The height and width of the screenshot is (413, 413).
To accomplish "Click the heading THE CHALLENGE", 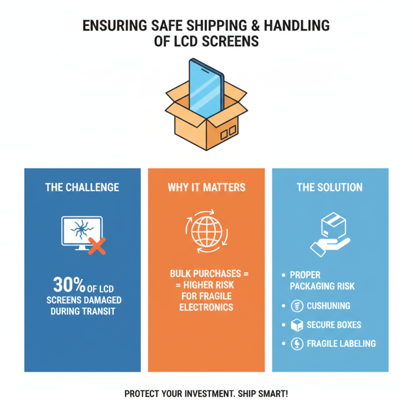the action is (x=82, y=187).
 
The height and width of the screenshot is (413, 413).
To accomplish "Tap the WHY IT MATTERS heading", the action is (x=206, y=187).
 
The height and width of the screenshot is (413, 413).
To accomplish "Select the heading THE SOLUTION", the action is (x=329, y=187).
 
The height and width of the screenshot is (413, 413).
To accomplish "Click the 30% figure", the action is (x=69, y=284).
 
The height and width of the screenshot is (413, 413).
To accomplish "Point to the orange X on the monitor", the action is (x=97, y=246).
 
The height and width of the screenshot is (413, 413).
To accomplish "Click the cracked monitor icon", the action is (x=82, y=233).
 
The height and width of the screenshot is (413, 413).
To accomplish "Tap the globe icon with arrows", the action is (x=207, y=231).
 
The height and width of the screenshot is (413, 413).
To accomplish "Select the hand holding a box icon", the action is (x=330, y=234).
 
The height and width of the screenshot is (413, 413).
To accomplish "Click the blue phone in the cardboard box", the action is (x=207, y=88).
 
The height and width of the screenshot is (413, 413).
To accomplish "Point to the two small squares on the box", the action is (x=228, y=133).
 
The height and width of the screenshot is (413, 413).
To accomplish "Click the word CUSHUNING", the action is (x=328, y=306).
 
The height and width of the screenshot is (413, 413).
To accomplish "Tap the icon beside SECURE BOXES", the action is (x=297, y=325).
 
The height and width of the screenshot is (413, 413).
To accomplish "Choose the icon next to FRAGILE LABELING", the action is (x=297, y=344).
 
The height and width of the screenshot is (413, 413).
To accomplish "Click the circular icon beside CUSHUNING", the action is (x=297, y=306).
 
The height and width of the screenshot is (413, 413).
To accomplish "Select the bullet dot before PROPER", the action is (x=283, y=275).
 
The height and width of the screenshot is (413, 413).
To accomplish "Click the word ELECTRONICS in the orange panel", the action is (x=206, y=307).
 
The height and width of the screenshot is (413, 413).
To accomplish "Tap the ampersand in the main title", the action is (x=255, y=26).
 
